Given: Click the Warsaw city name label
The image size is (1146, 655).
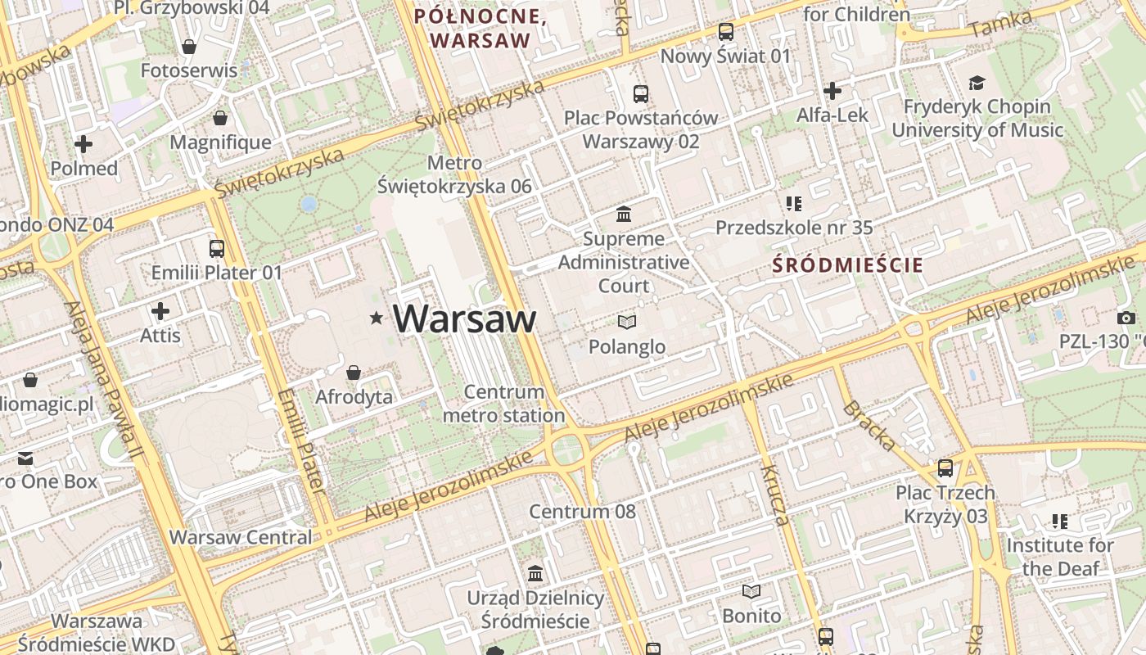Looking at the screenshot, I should pyautogui.click(x=464, y=318).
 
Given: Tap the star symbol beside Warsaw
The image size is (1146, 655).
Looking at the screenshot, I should pyautogui.click(x=376, y=318).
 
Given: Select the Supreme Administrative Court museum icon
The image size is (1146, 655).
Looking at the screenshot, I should pyautogui.click(x=624, y=215).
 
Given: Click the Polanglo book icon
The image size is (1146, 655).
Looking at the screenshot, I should pyautogui.click(x=627, y=323).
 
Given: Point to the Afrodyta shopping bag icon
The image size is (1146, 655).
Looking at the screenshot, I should pyautogui.click(x=354, y=373).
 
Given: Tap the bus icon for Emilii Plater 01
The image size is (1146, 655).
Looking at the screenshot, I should pyautogui.click(x=217, y=249).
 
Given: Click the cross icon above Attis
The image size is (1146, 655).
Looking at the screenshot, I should pyautogui.click(x=160, y=311).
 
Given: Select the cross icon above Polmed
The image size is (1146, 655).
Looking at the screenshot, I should pyautogui.click(x=83, y=145).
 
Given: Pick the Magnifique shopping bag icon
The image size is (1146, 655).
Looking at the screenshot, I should pyautogui.click(x=220, y=119).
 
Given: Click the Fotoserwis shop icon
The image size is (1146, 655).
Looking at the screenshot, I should pyautogui.click(x=189, y=47).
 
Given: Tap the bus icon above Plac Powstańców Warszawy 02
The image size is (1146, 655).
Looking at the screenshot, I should pyautogui.click(x=641, y=94).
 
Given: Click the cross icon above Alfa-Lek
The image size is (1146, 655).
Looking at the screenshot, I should pyautogui.click(x=832, y=91).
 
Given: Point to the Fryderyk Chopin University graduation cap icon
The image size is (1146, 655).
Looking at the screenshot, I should pyautogui.click(x=977, y=83).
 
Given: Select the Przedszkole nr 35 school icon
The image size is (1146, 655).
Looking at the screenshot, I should pyautogui.click(x=793, y=203).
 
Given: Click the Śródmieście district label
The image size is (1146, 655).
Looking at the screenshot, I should pyautogui.click(x=847, y=265).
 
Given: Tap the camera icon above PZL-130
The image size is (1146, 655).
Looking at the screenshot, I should pyautogui.click(x=1126, y=318).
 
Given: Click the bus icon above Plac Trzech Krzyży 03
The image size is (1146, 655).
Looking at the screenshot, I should pyautogui.click(x=945, y=468).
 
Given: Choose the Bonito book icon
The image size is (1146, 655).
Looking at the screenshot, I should pyautogui.click(x=751, y=591).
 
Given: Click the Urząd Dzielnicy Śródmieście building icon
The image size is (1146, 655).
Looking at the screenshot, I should pyautogui.click(x=535, y=572).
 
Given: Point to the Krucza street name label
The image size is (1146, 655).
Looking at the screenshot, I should pyautogui.click(x=774, y=495).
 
